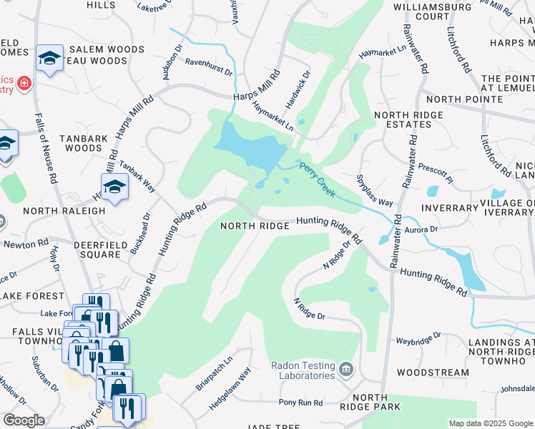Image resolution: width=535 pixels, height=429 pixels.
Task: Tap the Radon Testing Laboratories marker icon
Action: [x=347, y=370]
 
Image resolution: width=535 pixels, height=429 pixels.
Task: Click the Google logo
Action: [x=24, y=420]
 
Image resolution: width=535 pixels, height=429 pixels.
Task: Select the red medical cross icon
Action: [x=24, y=84]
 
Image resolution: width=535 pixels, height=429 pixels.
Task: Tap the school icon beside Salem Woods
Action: [x=49, y=59]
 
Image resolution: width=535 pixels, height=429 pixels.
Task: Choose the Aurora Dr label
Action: [x=421, y=230]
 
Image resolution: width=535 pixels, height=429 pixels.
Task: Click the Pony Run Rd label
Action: [x=301, y=403]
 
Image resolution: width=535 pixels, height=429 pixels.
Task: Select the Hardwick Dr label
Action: [x=298, y=89]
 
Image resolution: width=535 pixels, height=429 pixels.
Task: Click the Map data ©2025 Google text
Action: [x=491, y=423]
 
